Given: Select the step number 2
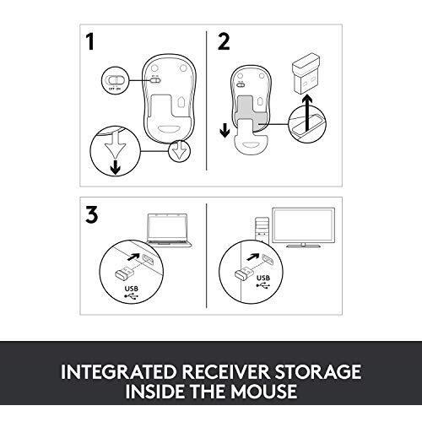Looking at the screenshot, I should pyautogui.click(x=224, y=43).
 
